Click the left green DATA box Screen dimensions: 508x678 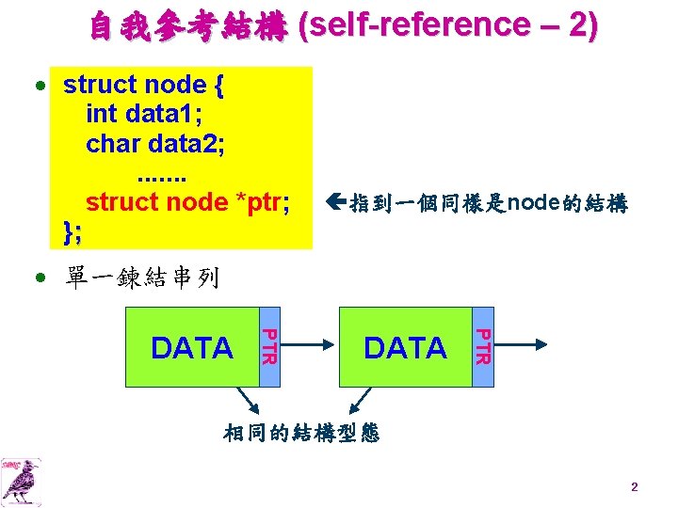192,348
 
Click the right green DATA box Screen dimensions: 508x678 405,348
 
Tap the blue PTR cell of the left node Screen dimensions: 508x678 268,346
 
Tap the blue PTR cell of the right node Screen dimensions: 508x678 481,346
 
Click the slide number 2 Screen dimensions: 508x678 634,487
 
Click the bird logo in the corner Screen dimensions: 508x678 22,481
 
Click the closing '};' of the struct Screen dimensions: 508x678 72,230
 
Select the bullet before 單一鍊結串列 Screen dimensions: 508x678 40,278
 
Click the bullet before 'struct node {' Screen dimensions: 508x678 40,86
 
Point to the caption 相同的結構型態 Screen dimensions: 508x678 301,433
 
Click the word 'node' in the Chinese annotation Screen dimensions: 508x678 534,202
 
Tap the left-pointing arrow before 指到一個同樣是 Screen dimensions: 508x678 338,202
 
